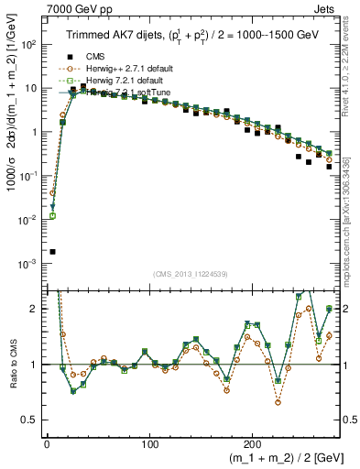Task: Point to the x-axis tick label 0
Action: coord(47,439)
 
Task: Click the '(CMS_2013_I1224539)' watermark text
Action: coord(191,272)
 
